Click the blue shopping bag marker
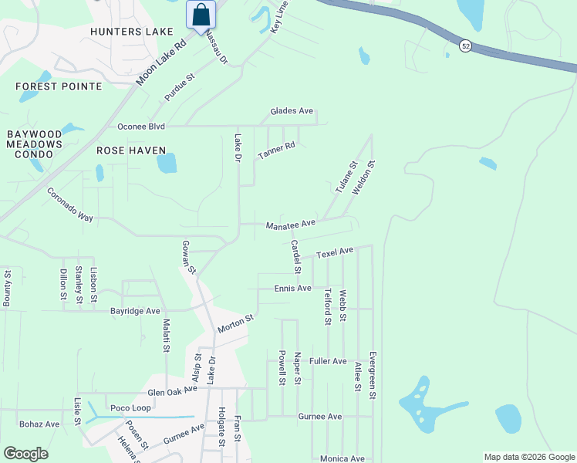[x=201, y=15]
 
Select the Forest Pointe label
[x=48, y=86]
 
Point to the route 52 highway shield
[x=464, y=46]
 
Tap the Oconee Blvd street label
[x=141, y=127]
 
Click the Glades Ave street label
[x=292, y=111]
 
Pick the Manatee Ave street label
[x=291, y=225]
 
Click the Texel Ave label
[x=334, y=252]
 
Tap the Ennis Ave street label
[x=292, y=289]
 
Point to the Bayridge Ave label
[x=134, y=311]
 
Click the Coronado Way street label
[x=69, y=205]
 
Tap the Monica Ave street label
[x=342, y=458]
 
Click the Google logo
[x=25, y=454]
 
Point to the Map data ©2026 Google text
[x=528, y=457]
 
